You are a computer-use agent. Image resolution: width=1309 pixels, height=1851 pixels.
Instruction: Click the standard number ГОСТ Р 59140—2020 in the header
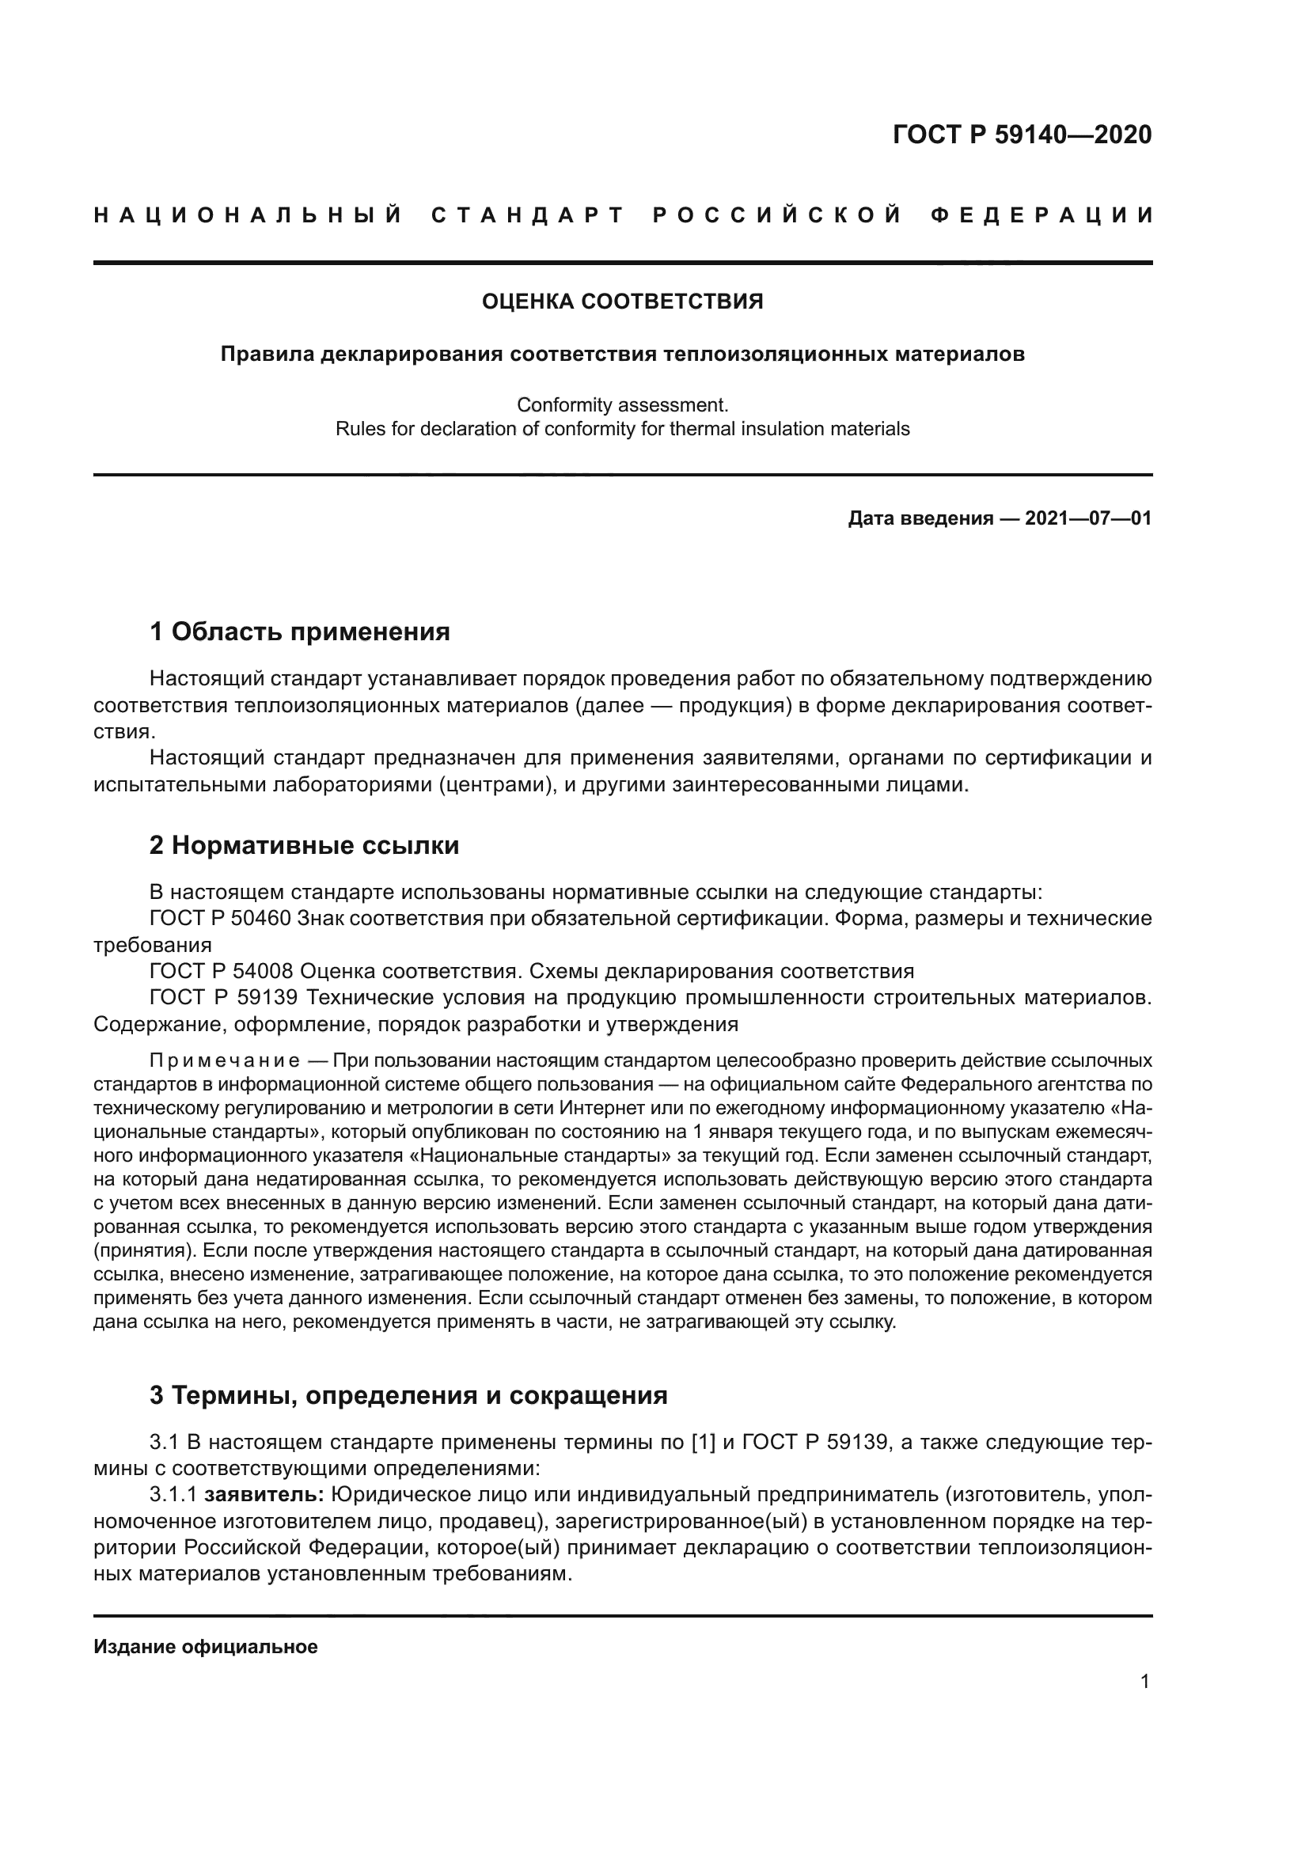pos(1022,135)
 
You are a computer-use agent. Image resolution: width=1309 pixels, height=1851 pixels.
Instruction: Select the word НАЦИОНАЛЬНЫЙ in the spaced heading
pos(249,215)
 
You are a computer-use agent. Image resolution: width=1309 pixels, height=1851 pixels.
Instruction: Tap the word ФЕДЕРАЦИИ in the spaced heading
pos(1042,215)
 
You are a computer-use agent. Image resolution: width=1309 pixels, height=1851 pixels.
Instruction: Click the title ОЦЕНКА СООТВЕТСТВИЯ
pos(622,302)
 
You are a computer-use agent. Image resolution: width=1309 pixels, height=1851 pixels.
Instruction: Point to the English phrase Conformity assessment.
pos(622,404)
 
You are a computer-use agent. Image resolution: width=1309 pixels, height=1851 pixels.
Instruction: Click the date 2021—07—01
pos(1088,518)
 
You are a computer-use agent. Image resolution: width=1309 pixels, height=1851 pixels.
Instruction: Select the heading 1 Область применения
pos(300,632)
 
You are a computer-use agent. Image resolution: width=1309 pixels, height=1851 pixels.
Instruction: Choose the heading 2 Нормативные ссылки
pos(305,845)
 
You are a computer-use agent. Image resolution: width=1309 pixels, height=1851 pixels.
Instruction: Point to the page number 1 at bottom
pos(1145,1704)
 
